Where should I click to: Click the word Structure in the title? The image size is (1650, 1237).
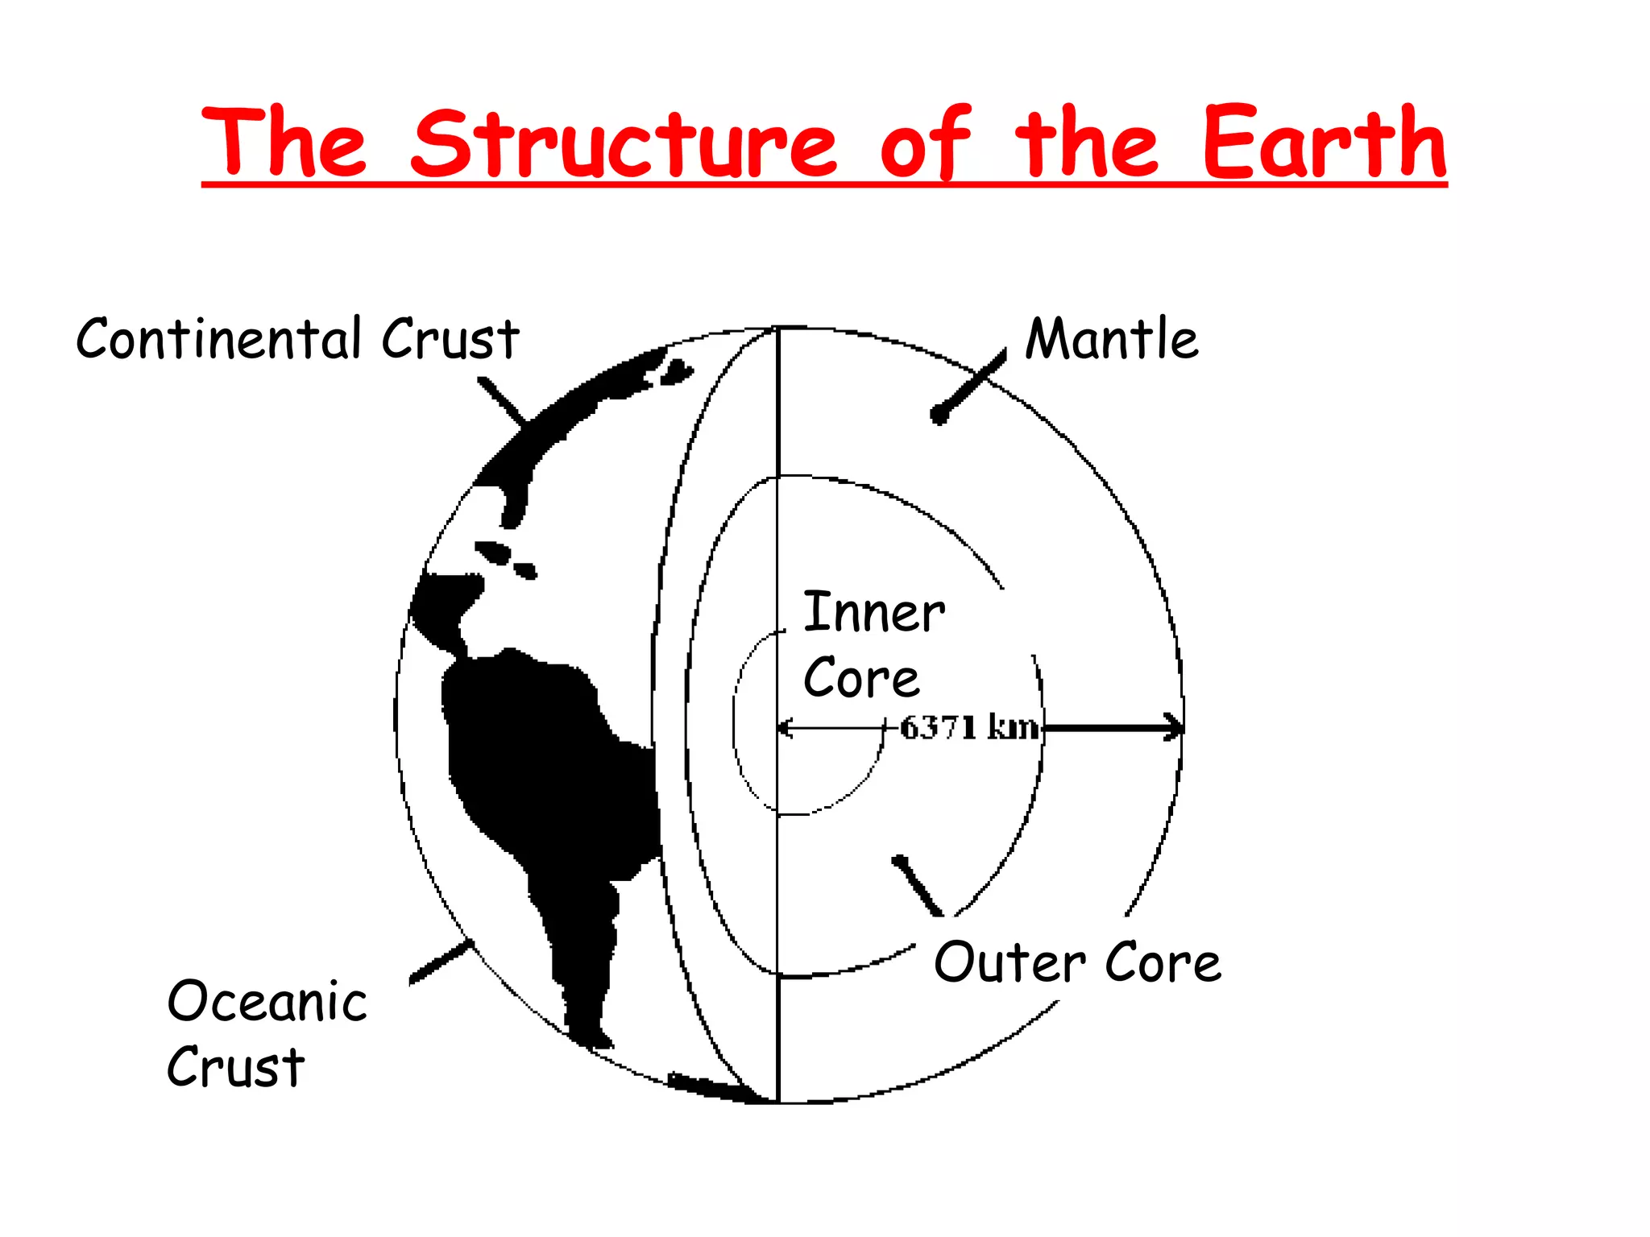click(x=624, y=143)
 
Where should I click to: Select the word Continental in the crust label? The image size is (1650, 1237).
click(x=218, y=339)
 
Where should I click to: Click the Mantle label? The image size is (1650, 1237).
click(x=1111, y=339)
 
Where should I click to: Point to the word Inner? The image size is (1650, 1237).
click(x=874, y=613)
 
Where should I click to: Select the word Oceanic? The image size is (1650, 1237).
click(x=267, y=1002)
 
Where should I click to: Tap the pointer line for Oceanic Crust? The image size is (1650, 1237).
click(x=439, y=962)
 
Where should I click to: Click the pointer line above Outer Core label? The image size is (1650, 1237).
click(x=917, y=886)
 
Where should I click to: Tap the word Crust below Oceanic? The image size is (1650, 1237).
click(x=235, y=1068)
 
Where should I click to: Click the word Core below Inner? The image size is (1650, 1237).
click(x=860, y=678)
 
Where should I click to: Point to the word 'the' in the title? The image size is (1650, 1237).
click(x=1085, y=143)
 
